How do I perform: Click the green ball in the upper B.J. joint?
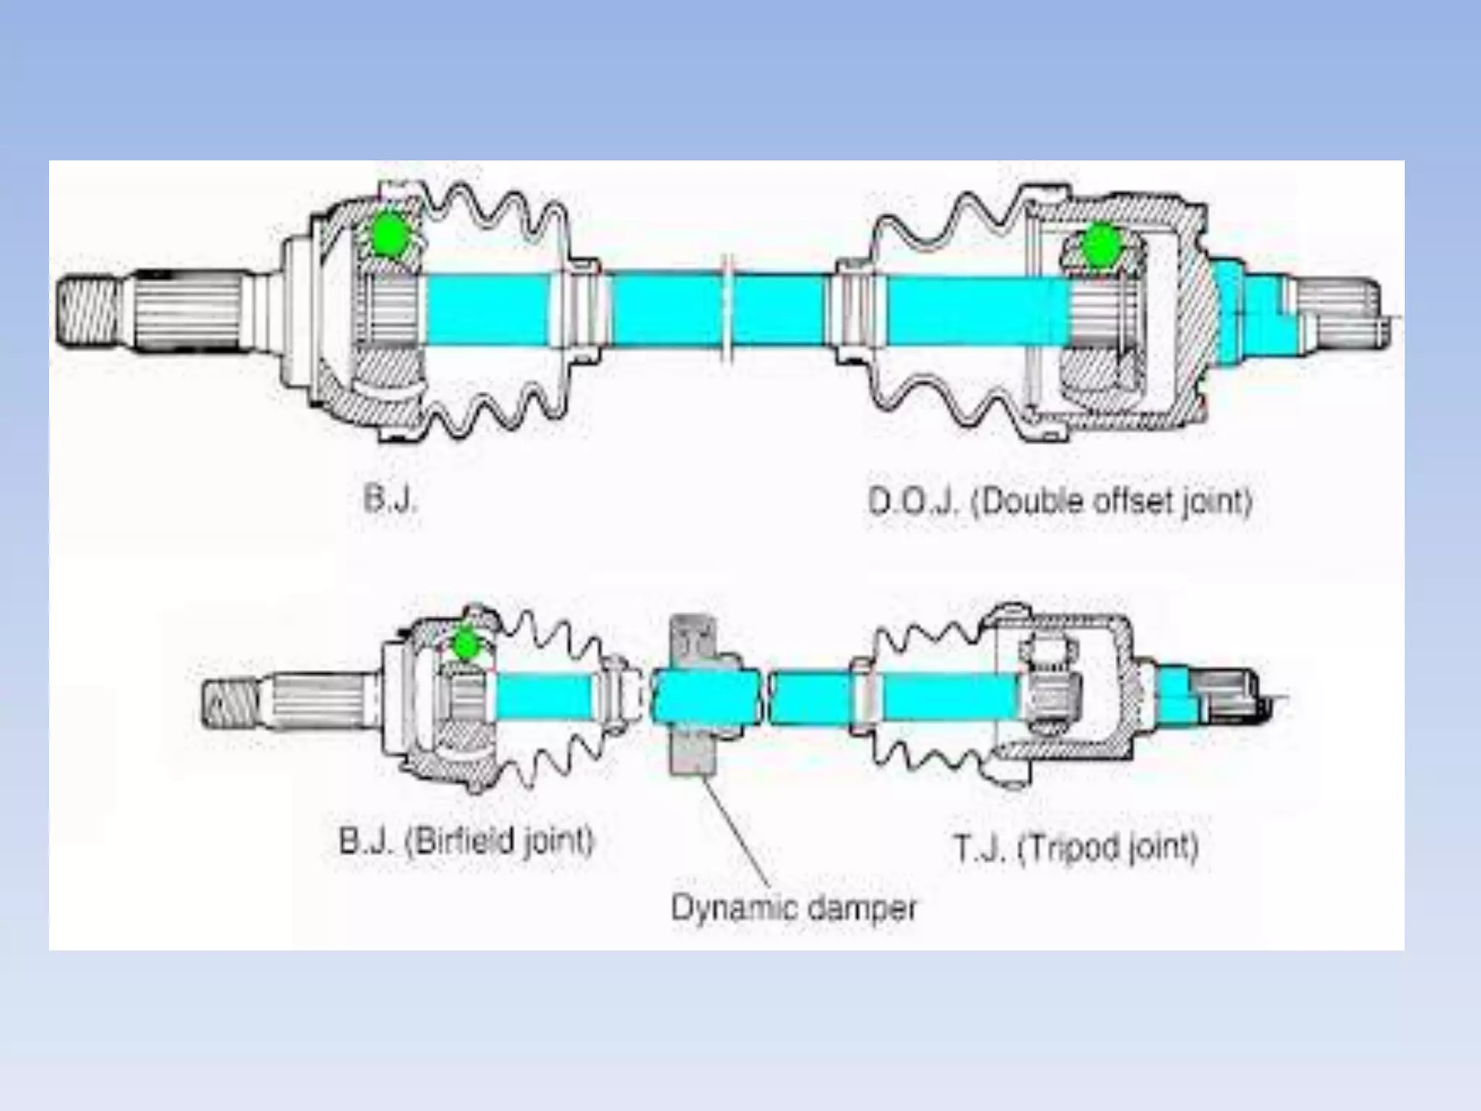[389, 233]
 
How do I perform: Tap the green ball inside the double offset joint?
[1101, 246]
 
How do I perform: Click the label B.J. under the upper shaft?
[390, 499]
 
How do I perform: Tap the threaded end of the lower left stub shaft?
[229, 702]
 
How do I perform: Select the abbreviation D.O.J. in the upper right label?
[913, 501]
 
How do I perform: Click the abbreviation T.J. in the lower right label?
[979, 848]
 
